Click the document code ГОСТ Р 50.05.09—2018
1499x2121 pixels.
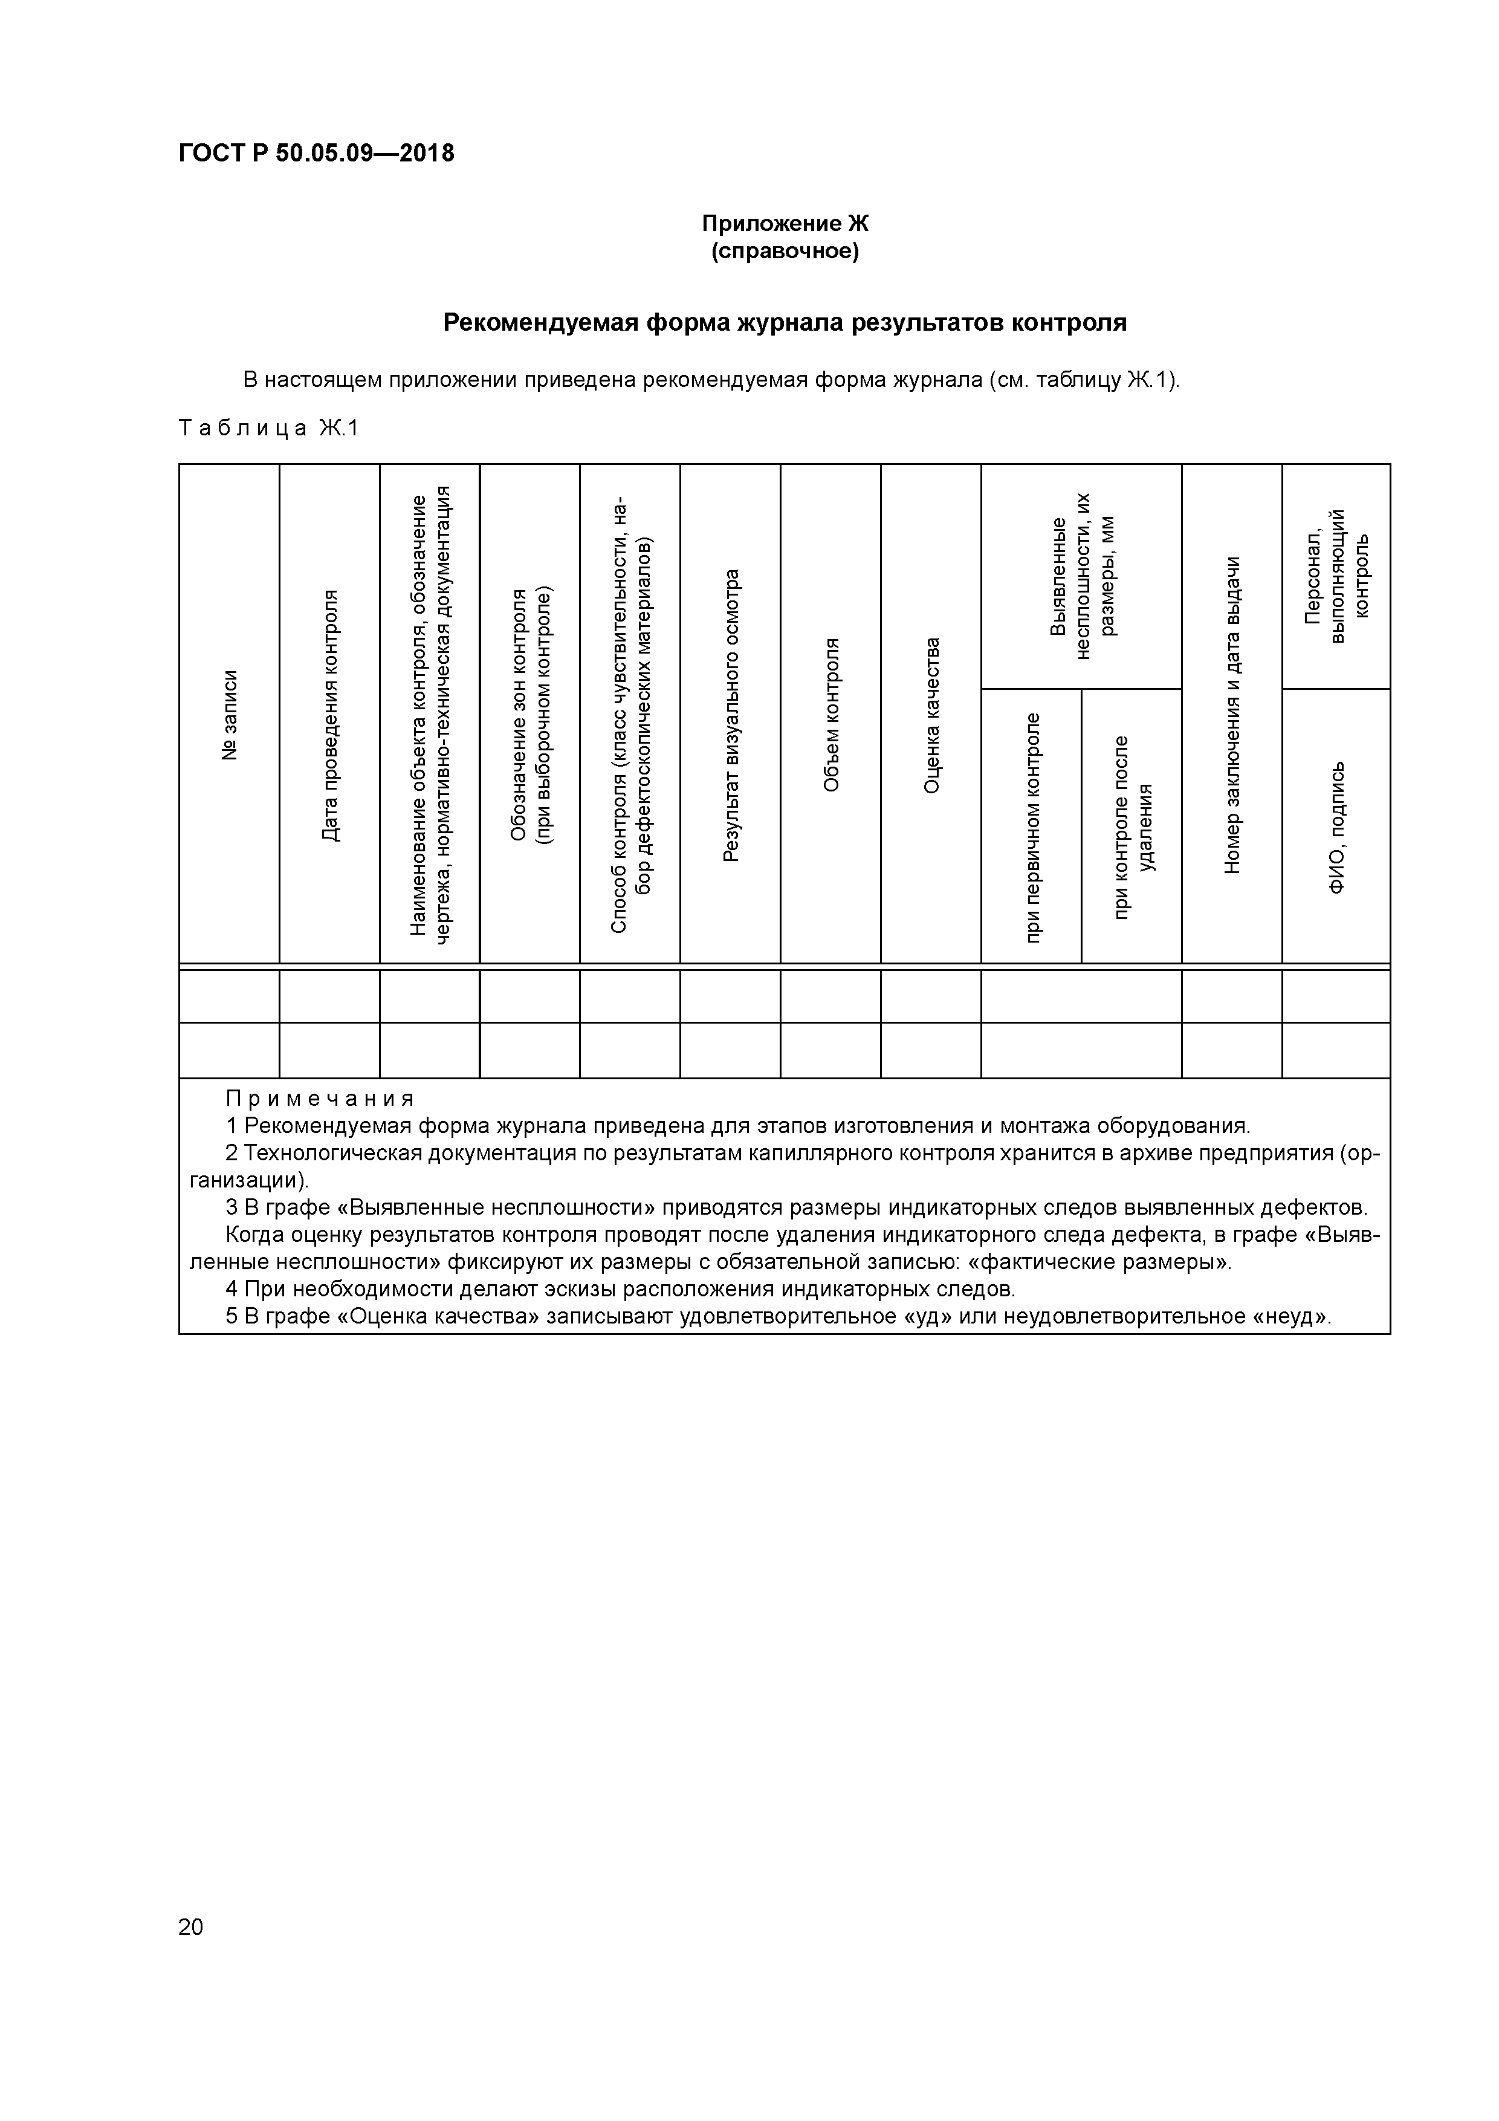316,154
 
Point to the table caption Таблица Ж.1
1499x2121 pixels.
268,427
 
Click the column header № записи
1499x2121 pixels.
229,714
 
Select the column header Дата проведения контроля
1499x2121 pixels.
330,714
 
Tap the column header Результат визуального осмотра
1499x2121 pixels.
731,714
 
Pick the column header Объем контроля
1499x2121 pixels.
830,714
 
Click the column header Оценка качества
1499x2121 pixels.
931,714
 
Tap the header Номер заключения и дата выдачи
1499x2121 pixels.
1232,714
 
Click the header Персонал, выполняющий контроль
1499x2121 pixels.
1336,576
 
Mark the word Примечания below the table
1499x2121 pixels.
320,1099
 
